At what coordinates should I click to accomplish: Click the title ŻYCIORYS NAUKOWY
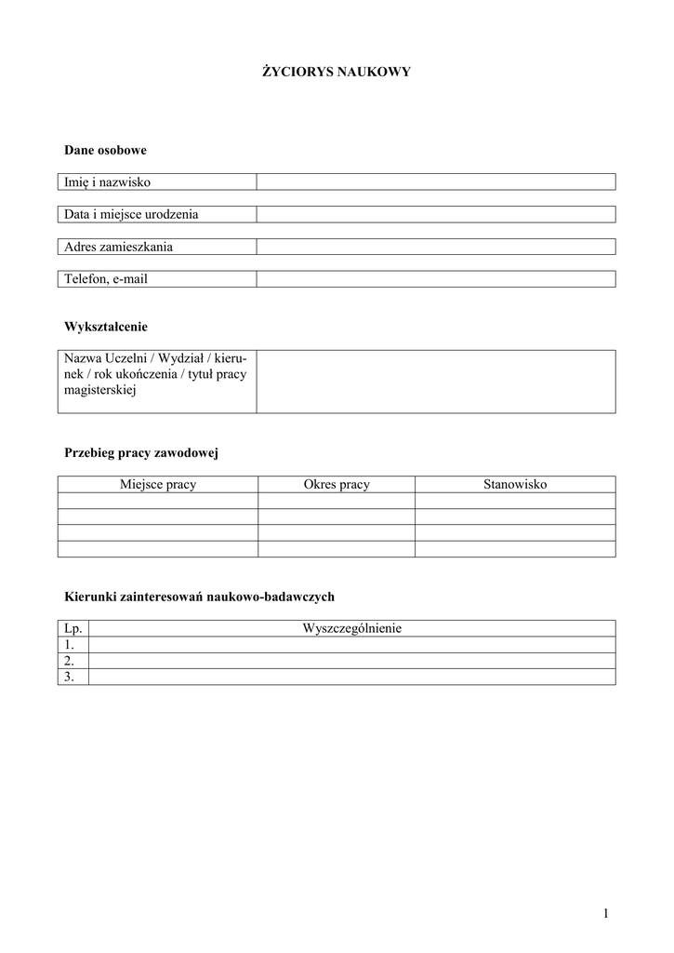[336, 71]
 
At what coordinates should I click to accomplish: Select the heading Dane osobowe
[105, 150]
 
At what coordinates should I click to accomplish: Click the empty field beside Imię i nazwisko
[435, 181]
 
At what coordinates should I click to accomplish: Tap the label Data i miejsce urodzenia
[131, 214]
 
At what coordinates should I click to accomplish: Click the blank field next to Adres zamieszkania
[435, 247]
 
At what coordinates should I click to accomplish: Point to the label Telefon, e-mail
[106, 278]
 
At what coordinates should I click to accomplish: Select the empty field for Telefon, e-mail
[435, 278]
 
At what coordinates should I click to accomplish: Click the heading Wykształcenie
[106, 327]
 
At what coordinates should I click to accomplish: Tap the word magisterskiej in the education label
[100, 391]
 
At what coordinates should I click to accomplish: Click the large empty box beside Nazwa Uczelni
[435, 381]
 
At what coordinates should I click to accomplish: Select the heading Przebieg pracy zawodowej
[140, 453]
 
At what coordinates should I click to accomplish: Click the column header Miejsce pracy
[158, 485]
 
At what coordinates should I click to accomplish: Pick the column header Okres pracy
[337, 485]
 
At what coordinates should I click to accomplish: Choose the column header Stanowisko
[515, 485]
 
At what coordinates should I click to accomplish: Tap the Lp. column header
[73, 629]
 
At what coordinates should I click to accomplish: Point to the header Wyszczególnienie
[351, 629]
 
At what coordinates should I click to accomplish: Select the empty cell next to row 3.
[351, 678]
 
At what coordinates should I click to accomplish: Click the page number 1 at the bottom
[605, 914]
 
